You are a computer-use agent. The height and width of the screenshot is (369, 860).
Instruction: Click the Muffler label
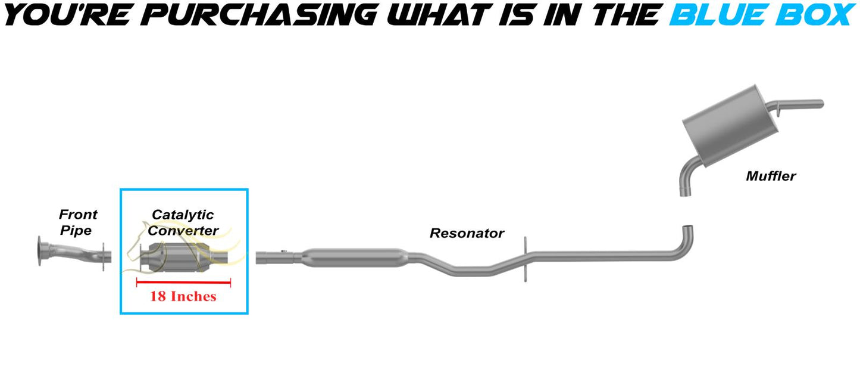click(x=771, y=176)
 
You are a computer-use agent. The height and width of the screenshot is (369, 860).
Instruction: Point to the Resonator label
click(x=467, y=233)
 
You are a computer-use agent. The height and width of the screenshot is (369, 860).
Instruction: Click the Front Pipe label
click(x=78, y=222)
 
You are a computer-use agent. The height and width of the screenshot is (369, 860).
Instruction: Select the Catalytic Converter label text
click(x=183, y=222)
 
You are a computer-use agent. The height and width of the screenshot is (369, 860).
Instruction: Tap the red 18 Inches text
click(x=183, y=296)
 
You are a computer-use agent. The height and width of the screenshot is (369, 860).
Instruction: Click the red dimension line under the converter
click(x=183, y=283)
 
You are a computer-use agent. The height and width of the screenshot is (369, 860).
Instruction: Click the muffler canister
click(x=730, y=126)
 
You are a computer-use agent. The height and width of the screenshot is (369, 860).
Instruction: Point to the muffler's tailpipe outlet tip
click(x=821, y=104)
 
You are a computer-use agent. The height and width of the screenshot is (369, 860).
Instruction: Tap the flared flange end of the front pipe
click(x=40, y=251)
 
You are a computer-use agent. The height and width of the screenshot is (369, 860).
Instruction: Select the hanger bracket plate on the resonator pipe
click(x=525, y=259)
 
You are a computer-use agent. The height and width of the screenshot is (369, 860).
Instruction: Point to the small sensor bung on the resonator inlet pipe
click(x=283, y=251)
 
